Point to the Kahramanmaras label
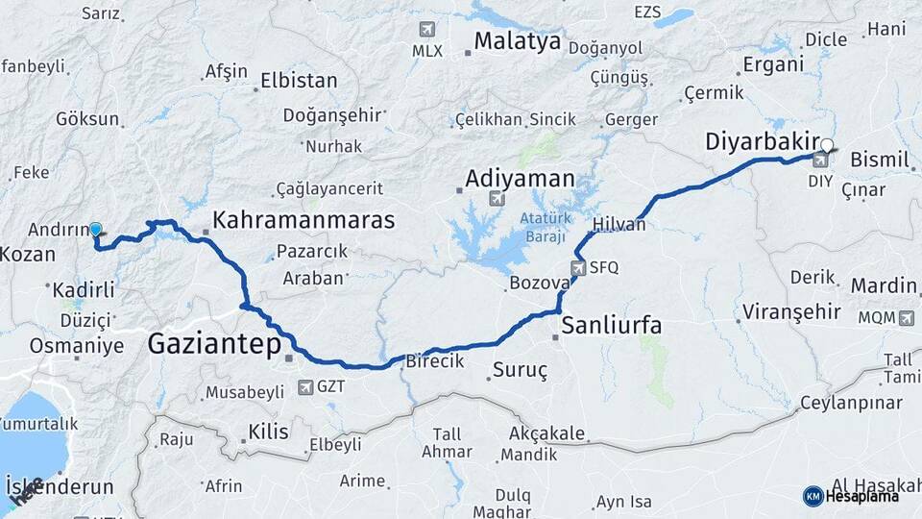(303, 220)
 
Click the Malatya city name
(517, 42)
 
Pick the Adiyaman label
(520, 179)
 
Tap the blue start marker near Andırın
(95, 230)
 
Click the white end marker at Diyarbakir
(828, 146)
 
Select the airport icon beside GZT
(305, 387)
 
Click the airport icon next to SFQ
(577, 268)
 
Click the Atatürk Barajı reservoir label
(545, 226)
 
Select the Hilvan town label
(619, 223)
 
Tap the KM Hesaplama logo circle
(813, 496)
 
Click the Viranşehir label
(791, 312)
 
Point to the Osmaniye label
(77, 346)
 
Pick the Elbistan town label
(299, 81)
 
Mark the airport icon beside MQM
(906, 316)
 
